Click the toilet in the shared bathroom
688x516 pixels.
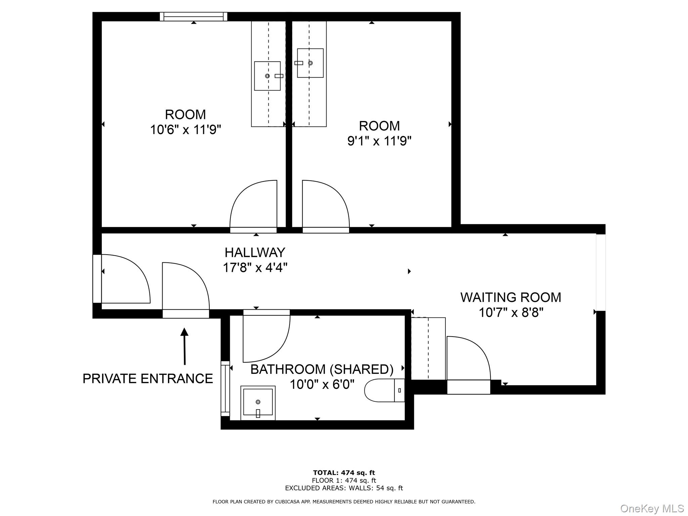384,390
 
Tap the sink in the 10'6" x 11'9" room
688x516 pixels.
267,76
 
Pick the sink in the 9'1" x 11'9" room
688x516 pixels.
310,63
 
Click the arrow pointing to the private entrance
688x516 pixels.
184,346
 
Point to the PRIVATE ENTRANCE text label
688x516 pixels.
148,379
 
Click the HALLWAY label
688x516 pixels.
255,252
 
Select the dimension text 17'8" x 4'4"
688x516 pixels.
255,268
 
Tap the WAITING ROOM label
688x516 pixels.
511,297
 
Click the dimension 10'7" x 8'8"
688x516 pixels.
511,313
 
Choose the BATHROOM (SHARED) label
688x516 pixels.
322,369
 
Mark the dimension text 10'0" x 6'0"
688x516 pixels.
322,384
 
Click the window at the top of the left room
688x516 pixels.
193,16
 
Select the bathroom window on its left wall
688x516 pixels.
225,388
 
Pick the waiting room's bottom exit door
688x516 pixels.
468,359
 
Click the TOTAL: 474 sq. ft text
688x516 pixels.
344,473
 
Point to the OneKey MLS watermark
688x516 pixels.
652,508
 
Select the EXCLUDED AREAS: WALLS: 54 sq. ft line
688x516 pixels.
344,488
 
